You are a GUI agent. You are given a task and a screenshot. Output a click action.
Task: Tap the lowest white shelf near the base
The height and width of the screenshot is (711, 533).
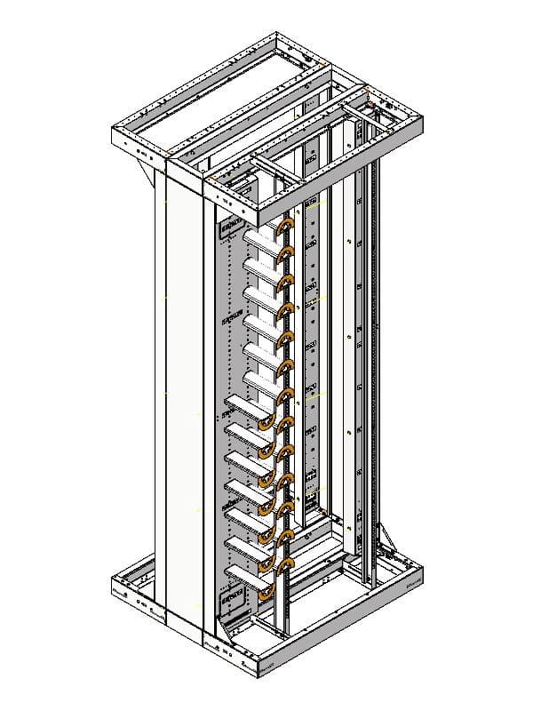click(x=248, y=576)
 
